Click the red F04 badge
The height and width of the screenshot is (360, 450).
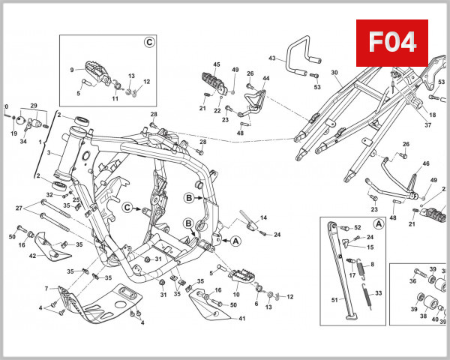point(390,41)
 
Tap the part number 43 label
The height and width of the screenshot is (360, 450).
point(272,57)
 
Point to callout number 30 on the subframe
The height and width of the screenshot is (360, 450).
point(335,73)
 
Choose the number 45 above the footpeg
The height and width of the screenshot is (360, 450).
point(217,64)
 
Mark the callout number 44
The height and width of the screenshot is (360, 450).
point(265,78)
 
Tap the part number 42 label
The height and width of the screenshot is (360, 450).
point(32,256)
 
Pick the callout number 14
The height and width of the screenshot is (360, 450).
point(262,218)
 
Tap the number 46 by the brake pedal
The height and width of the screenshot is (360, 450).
point(426,163)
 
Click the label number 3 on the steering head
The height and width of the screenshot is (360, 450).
point(47,152)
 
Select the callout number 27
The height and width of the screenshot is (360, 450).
point(19,208)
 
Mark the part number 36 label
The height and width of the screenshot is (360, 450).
point(412,281)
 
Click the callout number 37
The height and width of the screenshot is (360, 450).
point(427,125)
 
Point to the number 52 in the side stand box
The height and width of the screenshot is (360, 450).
point(357,227)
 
